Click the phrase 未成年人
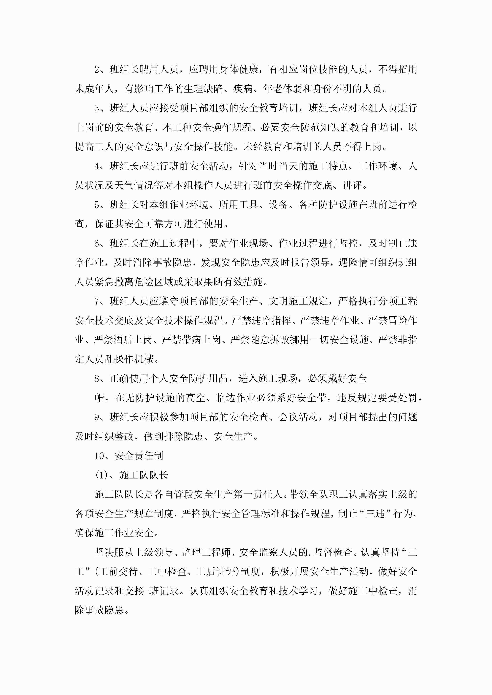point(94,89)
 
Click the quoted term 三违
point(375,514)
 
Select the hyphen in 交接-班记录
point(147,591)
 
